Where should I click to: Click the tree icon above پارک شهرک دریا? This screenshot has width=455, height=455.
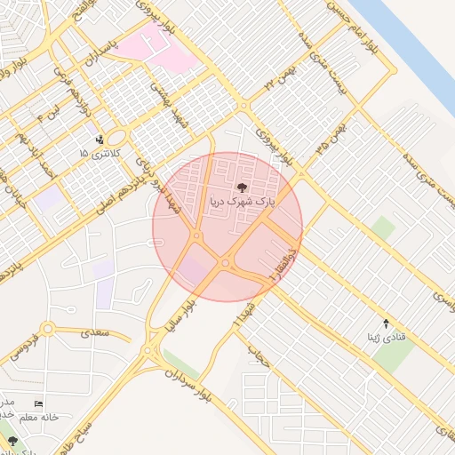pyautogui.click(x=243, y=188)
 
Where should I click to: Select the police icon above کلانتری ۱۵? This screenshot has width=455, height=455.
pyautogui.click(x=100, y=140)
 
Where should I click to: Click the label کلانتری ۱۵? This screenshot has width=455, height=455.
pyautogui.click(x=96, y=154)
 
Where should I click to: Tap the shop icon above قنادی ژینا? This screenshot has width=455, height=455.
pyautogui.click(x=386, y=323)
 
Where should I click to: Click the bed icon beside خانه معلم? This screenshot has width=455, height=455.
pyautogui.click(x=37, y=403)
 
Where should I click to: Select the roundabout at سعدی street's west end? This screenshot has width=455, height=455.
pyautogui.click(x=47, y=330)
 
